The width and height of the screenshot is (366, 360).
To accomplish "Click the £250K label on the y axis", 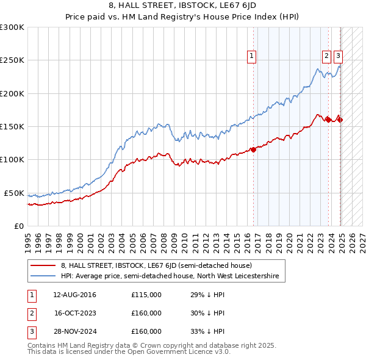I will point(12,61).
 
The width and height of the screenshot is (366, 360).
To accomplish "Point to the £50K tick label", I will point(15,193).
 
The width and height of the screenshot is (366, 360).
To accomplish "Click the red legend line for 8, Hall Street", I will point(43,266).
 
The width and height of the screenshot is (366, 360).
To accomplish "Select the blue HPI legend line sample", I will point(43,276).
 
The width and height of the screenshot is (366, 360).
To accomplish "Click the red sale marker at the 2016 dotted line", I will point(253,149).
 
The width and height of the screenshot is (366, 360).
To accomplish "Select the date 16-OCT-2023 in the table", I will point(74,314).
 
